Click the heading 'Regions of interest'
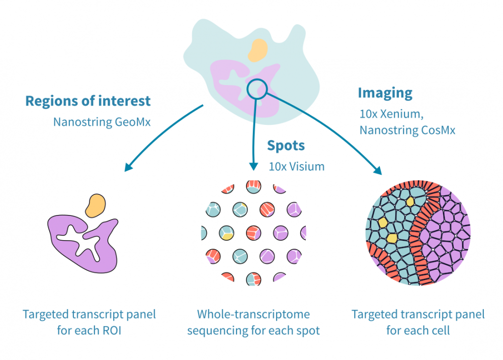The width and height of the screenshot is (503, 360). [88, 101]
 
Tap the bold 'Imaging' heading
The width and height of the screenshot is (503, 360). [385, 93]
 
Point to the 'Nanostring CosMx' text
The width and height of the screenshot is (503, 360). [407, 130]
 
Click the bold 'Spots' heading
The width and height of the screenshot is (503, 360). [286, 146]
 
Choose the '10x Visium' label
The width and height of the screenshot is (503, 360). [296, 166]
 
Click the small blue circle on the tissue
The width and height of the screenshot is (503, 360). [256, 89]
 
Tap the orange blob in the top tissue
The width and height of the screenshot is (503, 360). [258, 49]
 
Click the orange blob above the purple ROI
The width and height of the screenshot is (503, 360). [96, 205]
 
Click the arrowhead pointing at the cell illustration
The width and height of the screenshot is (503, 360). [377, 170]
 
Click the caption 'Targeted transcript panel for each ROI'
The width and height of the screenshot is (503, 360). [89, 323]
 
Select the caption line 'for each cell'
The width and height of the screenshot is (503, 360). [418, 331]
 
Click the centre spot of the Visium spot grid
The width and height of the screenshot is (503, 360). [253, 233]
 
